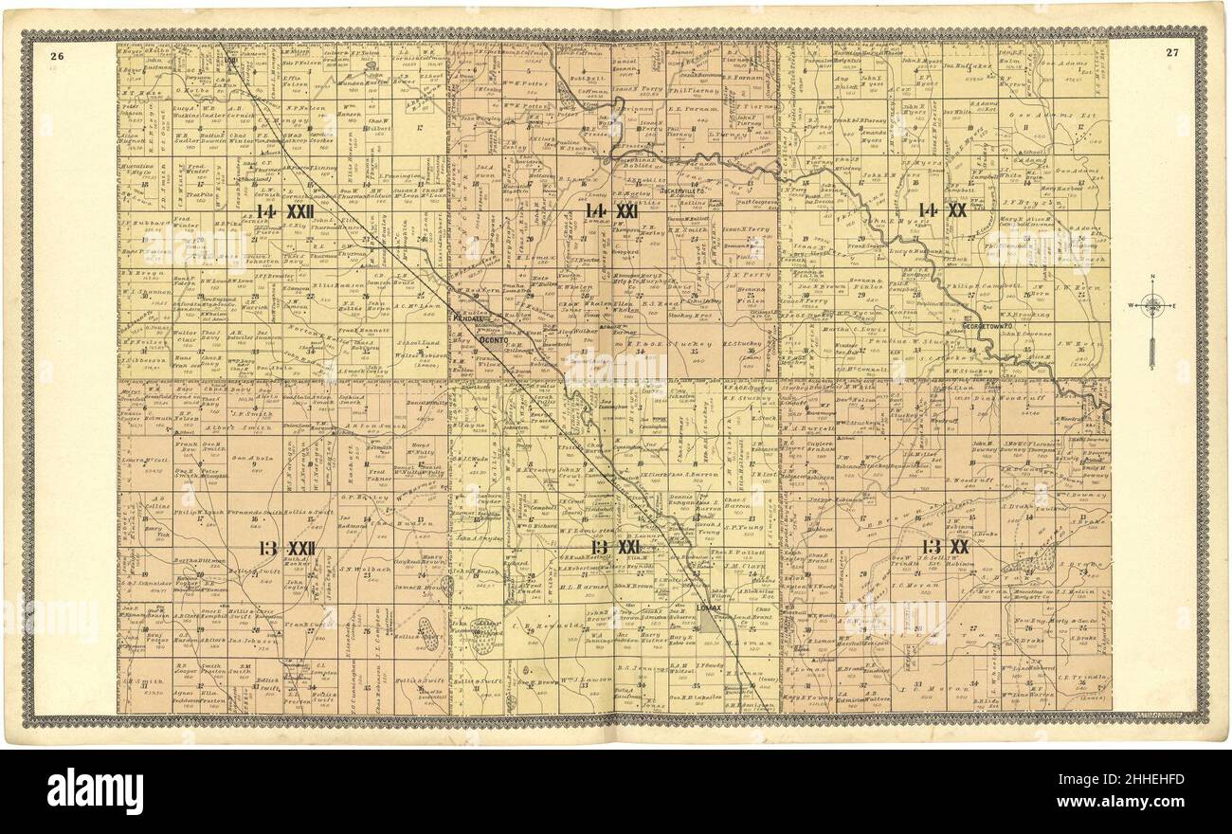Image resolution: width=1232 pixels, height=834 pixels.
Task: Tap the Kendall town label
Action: (x=467, y=320)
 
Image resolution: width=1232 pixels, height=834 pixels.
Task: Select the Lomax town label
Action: (x=708, y=607)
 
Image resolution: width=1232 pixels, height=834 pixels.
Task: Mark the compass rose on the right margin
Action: (x=1152, y=308)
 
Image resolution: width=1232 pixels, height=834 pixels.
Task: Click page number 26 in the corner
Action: (x=57, y=54)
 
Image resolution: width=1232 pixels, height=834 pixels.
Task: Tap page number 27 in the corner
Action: (x=1172, y=53)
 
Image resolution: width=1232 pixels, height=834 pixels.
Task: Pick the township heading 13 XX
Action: (x=945, y=547)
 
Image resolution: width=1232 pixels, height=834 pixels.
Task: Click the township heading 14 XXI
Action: (x=610, y=210)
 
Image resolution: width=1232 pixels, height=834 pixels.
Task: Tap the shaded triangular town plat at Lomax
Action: (x=708, y=621)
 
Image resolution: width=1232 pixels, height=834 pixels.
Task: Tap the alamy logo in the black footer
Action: (x=95, y=790)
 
